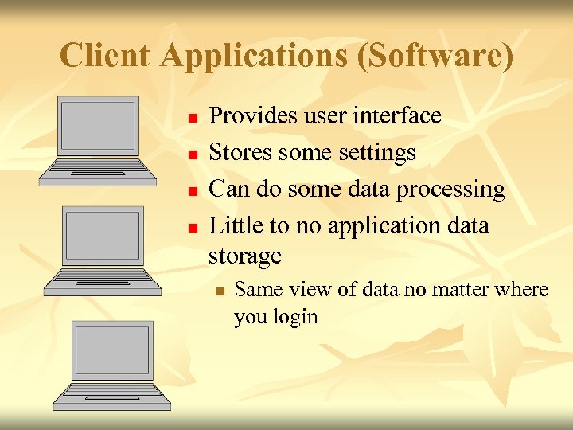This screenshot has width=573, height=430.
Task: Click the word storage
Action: click(x=245, y=256)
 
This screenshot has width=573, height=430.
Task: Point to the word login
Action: click(x=296, y=317)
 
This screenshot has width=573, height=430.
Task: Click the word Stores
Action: click(x=236, y=152)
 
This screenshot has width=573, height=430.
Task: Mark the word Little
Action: click(x=236, y=225)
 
